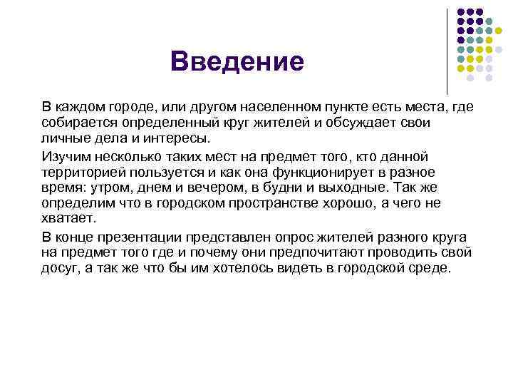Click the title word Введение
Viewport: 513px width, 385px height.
pos(237,61)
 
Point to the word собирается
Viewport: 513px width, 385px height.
pos(74,123)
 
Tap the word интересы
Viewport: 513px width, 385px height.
pos(163,138)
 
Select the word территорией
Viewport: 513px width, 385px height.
pos(78,172)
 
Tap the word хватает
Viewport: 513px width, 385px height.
pos(67,218)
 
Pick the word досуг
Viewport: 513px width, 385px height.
pos(59,269)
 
